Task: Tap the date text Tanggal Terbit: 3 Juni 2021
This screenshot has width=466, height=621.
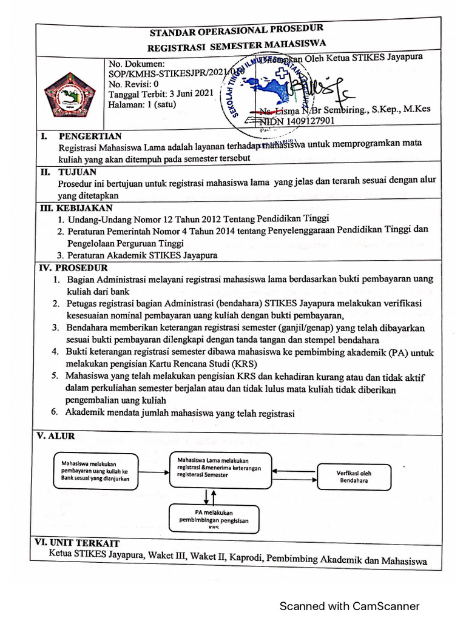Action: [160, 94]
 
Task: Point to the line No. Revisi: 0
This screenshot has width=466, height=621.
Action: [133, 84]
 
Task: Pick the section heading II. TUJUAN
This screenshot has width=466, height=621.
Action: [72, 172]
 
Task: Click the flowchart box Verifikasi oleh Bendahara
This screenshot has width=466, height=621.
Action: [354, 477]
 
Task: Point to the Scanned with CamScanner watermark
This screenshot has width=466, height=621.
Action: [348, 606]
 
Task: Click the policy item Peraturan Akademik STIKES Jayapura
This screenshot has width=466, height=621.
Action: [142, 255]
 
